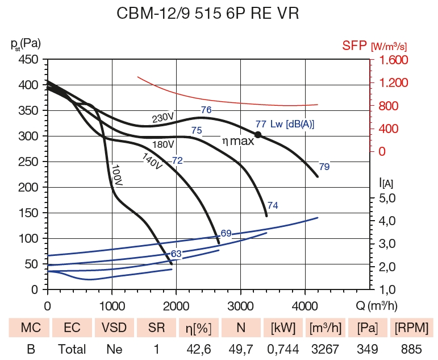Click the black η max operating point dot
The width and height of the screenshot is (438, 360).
point(257,135)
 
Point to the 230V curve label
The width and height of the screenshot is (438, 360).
point(162,118)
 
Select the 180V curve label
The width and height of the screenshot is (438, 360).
point(163,144)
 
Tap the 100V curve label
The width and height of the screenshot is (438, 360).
point(118,175)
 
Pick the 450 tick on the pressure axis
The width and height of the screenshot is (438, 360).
point(29,60)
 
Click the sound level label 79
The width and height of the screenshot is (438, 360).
point(324,167)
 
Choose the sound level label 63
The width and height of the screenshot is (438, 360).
point(176,254)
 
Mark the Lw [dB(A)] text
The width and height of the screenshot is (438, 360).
point(292,124)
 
